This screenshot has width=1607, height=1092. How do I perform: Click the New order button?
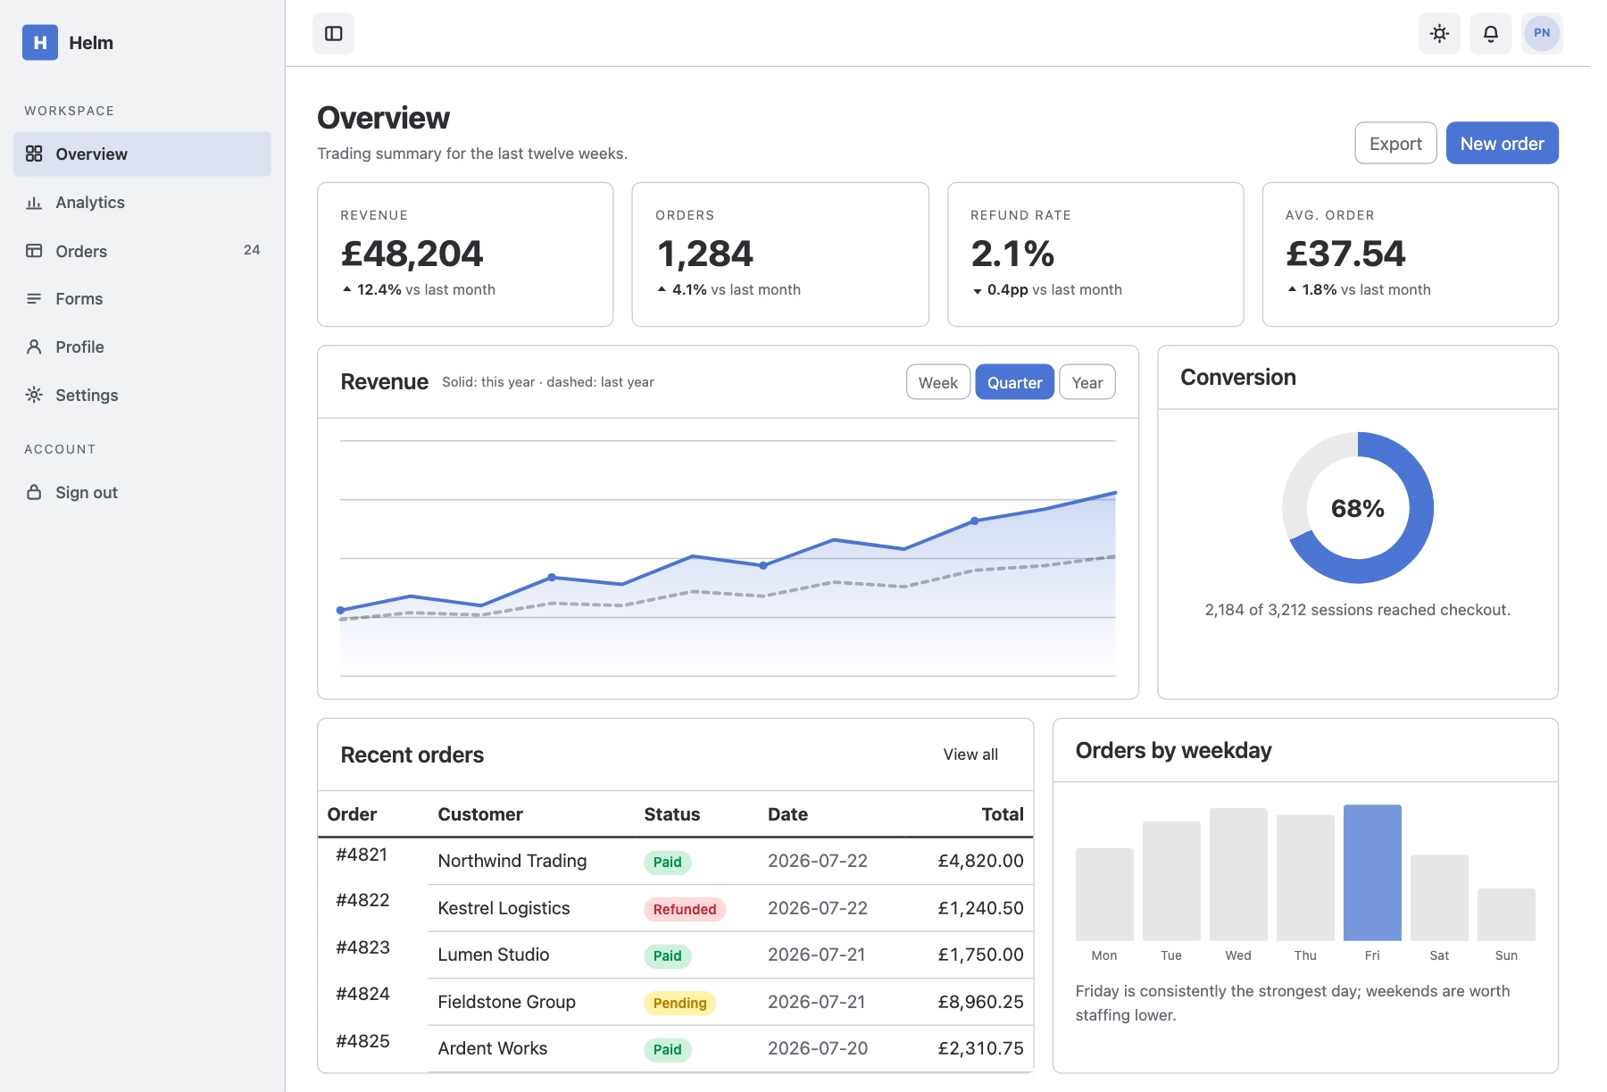(1502, 143)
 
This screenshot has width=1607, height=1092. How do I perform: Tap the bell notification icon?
(1491, 33)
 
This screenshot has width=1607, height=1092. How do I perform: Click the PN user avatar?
(1542, 33)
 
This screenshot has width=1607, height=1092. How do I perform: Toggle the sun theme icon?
(1439, 33)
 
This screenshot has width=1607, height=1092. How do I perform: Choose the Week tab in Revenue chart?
(938, 382)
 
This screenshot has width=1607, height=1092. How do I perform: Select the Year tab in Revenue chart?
(1087, 382)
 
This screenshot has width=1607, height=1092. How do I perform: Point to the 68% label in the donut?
(1358, 508)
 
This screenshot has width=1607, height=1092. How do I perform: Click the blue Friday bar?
(1372, 872)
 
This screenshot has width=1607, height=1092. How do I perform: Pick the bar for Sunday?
(1506, 914)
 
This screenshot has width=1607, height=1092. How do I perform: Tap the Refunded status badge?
(685, 909)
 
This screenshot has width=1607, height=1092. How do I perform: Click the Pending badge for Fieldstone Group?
(679, 1003)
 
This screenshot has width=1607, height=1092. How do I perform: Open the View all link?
(970, 754)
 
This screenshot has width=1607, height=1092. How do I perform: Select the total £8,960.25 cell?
(980, 1002)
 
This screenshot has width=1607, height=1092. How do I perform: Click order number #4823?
(362, 947)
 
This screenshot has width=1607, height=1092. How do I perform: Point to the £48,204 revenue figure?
(412, 254)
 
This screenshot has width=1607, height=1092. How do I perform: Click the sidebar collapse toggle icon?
(334, 33)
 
